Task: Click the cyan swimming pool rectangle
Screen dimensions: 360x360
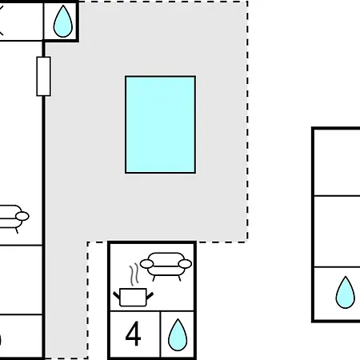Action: pos(160,125)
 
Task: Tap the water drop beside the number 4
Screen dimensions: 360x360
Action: pos(178,335)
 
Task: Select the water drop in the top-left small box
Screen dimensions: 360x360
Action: pos(63,22)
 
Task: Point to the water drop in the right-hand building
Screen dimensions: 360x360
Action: pos(346,293)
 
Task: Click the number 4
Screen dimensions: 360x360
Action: pos(133,334)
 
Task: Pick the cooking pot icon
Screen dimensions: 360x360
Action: pos(133,297)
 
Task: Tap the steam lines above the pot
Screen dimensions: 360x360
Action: pos(134,274)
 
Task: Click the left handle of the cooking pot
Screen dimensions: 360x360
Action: pos(117,295)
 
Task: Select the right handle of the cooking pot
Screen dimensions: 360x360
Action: pos(150,295)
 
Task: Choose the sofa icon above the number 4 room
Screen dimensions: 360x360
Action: pos(166,266)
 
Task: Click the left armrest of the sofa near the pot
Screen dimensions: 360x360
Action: pos(146,264)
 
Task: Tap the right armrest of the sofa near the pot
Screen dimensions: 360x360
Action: pos(185,264)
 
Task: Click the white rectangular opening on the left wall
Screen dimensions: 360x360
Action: pos(43,76)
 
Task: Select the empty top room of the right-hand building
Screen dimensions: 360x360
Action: pos(338,162)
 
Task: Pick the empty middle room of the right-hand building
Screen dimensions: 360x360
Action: pos(338,231)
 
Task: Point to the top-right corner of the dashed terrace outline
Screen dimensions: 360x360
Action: pos(247,2)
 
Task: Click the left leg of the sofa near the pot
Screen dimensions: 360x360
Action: pos(154,278)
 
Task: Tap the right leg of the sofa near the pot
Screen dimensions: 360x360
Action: pos(179,278)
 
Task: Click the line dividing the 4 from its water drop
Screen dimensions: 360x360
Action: pos(160,334)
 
